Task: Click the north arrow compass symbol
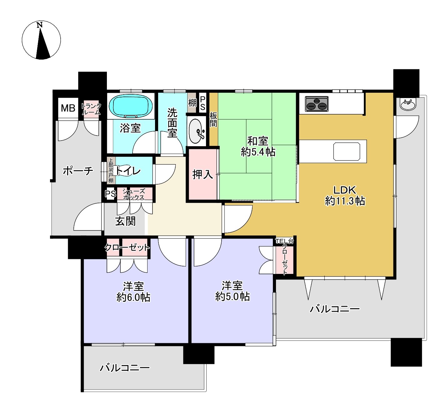pyautogui.click(x=41, y=40)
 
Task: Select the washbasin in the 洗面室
pyautogui.click(x=196, y=131)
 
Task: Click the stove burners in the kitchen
pyautogui.click(x=317, y=104)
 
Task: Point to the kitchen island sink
pyautogui.click(x=347, y=151)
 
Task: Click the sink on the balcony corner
pyautogui.click(x=408, y=104)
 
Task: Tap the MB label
pyautogui.click(x=68, y=108)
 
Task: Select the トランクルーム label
pyautogui.click(x=91, y=109)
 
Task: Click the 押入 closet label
pyautogui.click(x=203, y=174)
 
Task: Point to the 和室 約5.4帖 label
pyautogui.click(x=258, y=146)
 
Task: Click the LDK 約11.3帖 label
pyautogui.click(x=345, y=195)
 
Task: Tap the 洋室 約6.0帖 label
pyautogui.click(x=133, y=291)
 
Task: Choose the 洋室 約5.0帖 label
pyautogui.click(x=232, y=291)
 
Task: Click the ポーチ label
pyautogui.click(x=78, y=171)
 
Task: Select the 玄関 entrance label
pyautogui.click(x=125, y=221)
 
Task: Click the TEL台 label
pyautogui.click(x=284, y=241)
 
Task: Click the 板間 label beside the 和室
pyautogui.click(x=213, y=119)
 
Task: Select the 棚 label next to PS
pyautogui.click(x=192, y=102)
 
